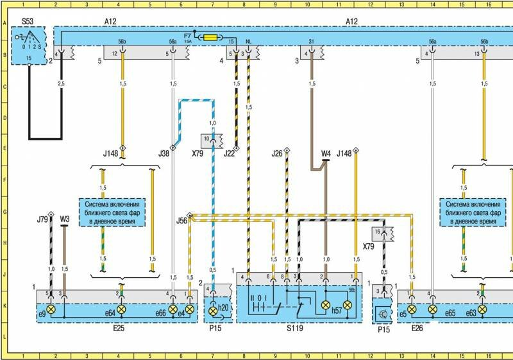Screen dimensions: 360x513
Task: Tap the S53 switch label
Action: [28, 21]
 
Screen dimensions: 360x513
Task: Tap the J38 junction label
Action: [165, 153]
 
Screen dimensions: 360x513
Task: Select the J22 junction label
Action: [230, 153]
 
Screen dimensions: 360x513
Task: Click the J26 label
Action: [277, 153]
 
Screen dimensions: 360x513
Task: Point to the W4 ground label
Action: [326, 153]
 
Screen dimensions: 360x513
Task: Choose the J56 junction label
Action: [183, 221]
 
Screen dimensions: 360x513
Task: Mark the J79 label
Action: [42, 219]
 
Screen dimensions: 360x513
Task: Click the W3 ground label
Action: [64, 219]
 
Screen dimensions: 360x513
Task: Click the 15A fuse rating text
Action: [188, 42]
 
